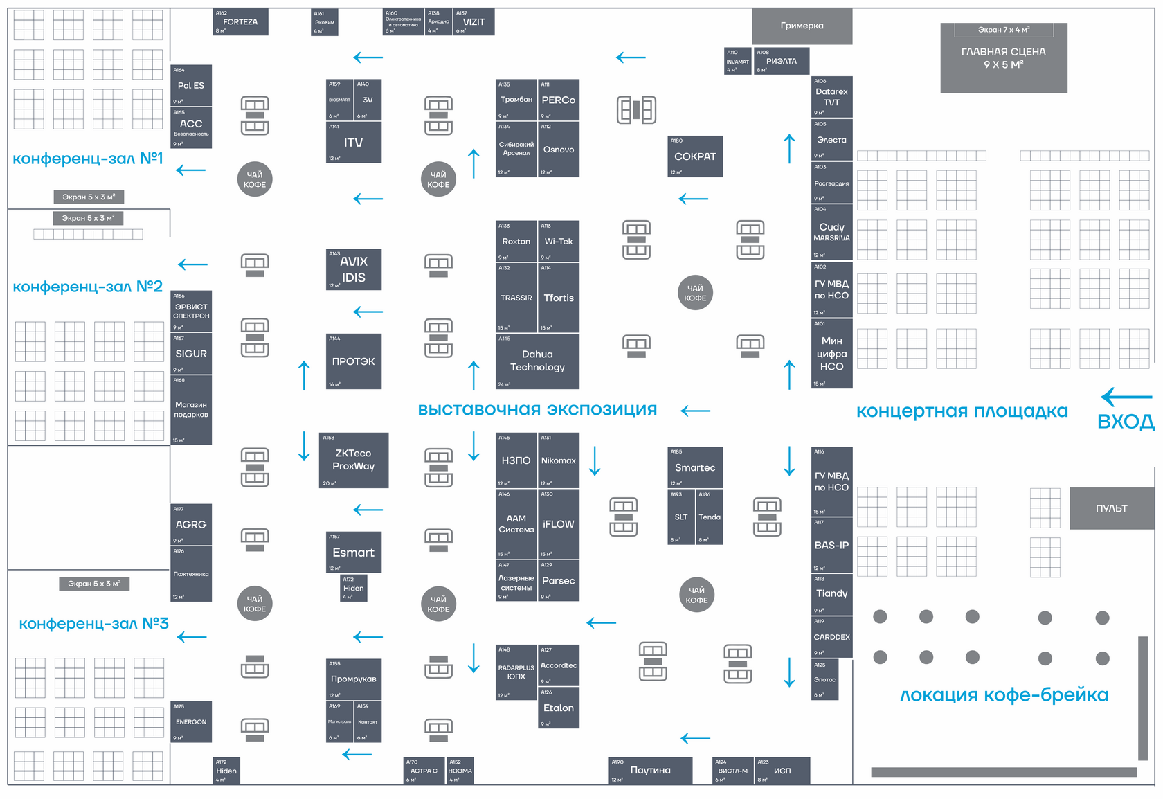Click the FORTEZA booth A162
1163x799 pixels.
click(240, 22)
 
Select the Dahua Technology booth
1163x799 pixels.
click(537, 361)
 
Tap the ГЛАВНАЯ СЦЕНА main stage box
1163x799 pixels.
click(1003, 58)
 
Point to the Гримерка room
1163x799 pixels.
click(802, 26)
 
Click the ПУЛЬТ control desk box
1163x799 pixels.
click(1111, 508)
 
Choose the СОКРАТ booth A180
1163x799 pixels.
click(695, 156)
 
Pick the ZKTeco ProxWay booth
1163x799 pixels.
click(353, 460)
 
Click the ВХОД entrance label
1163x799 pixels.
click(1126, 422)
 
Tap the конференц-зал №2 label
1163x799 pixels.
click(88, 287)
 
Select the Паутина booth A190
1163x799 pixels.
click(650, 771)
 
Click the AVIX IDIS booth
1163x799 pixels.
click(353, 269)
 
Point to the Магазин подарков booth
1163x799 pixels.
click(191, 410)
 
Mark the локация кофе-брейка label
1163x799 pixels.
click(1004, 695)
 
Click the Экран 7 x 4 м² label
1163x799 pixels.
click(1003, 30)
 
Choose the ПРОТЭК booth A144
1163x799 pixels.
click(353, 361)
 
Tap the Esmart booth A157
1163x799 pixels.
click(353, 553)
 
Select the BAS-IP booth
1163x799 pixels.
click(831, 546)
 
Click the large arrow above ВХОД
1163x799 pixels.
click(1126, 397)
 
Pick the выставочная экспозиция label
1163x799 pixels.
click(537, 409)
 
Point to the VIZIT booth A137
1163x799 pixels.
click(474, 22)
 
